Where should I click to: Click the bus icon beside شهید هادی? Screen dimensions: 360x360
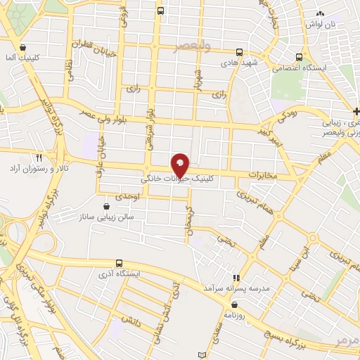click(240, 51)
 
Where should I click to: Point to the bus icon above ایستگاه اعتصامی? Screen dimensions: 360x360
click(300, 57)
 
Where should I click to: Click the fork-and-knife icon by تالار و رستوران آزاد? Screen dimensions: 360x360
click(40, 159)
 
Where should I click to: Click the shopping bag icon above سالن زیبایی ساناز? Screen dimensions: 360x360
click(106, 207)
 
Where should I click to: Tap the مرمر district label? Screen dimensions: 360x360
click(347, 340)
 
